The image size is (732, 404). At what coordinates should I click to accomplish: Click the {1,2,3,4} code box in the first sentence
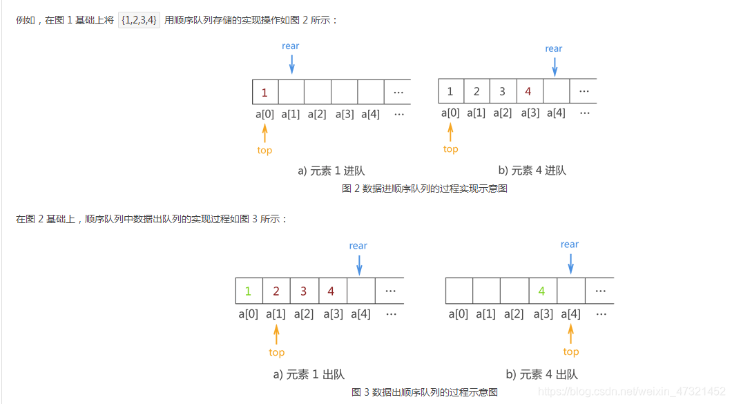click(139, 20)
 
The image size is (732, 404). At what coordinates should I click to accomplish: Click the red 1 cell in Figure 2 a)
click(265, 93)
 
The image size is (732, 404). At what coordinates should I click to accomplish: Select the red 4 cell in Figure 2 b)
click(528, 91)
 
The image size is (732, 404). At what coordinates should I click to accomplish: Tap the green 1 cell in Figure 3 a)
click(249, 291)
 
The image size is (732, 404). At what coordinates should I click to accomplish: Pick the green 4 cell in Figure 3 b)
click(542, 291)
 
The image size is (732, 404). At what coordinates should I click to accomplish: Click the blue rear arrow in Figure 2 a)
click(291, 64)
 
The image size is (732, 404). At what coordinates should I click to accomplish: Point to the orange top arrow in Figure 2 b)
click(451, 131)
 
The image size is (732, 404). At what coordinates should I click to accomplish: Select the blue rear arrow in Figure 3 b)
click(570, 263)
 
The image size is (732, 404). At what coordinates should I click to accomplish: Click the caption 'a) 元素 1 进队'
click(331, 171)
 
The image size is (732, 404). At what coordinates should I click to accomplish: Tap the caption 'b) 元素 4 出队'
click(541, 374)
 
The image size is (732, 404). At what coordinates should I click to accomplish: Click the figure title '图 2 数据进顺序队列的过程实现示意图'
click(425, 189)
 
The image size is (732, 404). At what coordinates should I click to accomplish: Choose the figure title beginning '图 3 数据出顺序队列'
click(425, 392)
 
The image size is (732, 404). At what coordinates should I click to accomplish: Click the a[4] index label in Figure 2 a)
click(370, 114)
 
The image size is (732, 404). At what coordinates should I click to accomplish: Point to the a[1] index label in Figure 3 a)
click(276, 314)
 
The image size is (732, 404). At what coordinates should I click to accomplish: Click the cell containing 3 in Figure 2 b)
click(502, 91)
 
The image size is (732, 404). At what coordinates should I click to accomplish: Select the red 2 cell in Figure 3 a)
click(276, 291)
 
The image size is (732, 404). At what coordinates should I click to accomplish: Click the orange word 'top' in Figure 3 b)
click(571, 352)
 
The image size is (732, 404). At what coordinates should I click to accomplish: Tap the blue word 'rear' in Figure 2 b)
click(554, 48)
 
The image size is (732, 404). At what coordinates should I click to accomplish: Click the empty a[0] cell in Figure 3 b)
click(459, 291)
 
